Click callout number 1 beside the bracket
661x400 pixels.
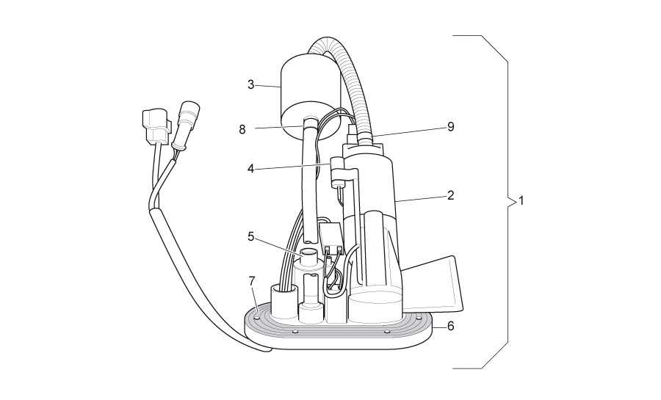point(521,201)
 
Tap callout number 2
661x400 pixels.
point(451,195)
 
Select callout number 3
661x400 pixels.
point(251,84)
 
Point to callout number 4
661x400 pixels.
point(251,170)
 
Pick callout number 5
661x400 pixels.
point(251,236)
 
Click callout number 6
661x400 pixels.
point(451,326)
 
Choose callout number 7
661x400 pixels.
point(252,280)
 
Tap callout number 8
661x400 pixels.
point(242,129)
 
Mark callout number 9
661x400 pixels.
point(451,127)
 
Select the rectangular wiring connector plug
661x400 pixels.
point(157,125)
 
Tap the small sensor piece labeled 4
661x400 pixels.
point(338,172)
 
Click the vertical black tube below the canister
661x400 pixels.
point(311,181)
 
